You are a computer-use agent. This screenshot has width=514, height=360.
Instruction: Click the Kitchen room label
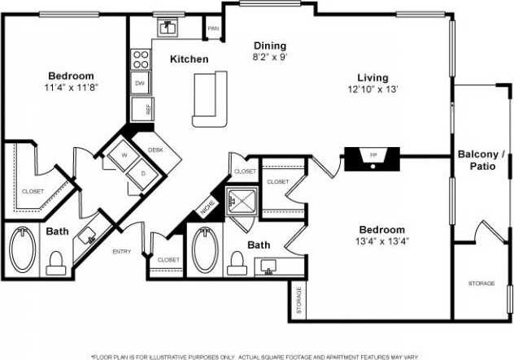(x=189, y=59)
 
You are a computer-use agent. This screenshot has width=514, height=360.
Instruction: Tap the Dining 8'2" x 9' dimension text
(x=269, y=58)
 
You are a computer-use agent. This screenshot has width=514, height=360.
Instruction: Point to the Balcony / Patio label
(x=481, y=161)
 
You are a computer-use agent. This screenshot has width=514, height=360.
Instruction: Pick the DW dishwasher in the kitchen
(x=139, y=84)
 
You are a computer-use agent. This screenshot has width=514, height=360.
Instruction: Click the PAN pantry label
(x=213, y=29)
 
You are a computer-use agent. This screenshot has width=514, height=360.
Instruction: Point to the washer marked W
(x=125, y=154)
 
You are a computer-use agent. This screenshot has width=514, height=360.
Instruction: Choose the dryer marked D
(x=143, y=173)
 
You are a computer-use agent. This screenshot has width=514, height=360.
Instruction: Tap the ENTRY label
(x=121, y=252)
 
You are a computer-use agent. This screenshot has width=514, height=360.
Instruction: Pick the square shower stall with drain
(x=242, y=200)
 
